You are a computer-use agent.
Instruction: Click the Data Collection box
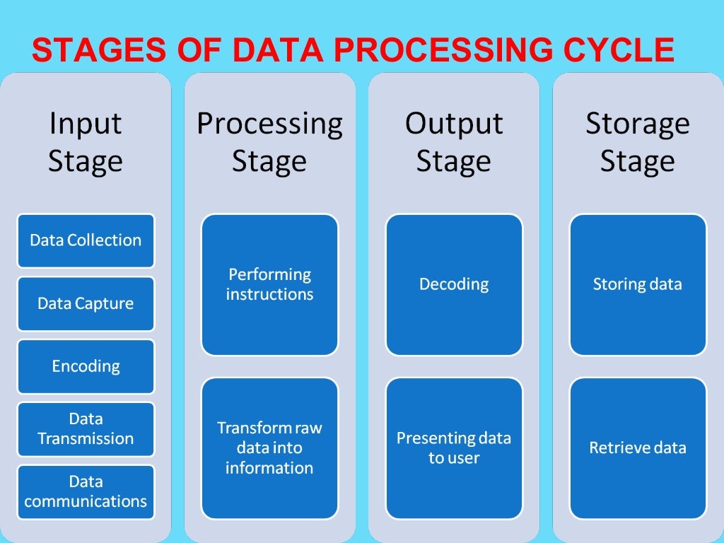tap(86, 240)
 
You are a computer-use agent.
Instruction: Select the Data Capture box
tap(86, 303)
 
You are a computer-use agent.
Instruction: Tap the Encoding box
tap(86, 366)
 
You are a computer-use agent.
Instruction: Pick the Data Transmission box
tap(86, 429)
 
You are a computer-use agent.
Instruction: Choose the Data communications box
tap(86, 492)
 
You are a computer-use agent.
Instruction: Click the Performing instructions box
tap(269, 284)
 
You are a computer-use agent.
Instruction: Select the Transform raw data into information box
tap(269, 448)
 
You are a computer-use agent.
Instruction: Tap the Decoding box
tap(454, 284)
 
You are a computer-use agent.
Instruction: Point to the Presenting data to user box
tap(454, 448)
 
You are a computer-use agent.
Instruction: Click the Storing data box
tap(638, 284)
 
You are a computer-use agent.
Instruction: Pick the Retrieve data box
tap(638, 448)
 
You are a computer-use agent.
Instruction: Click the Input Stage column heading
tap(86, 142)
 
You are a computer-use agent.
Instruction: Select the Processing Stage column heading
tap(269, 142)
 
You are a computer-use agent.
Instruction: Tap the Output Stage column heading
tap(454, 142)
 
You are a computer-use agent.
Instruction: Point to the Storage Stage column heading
tap(638, 142)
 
